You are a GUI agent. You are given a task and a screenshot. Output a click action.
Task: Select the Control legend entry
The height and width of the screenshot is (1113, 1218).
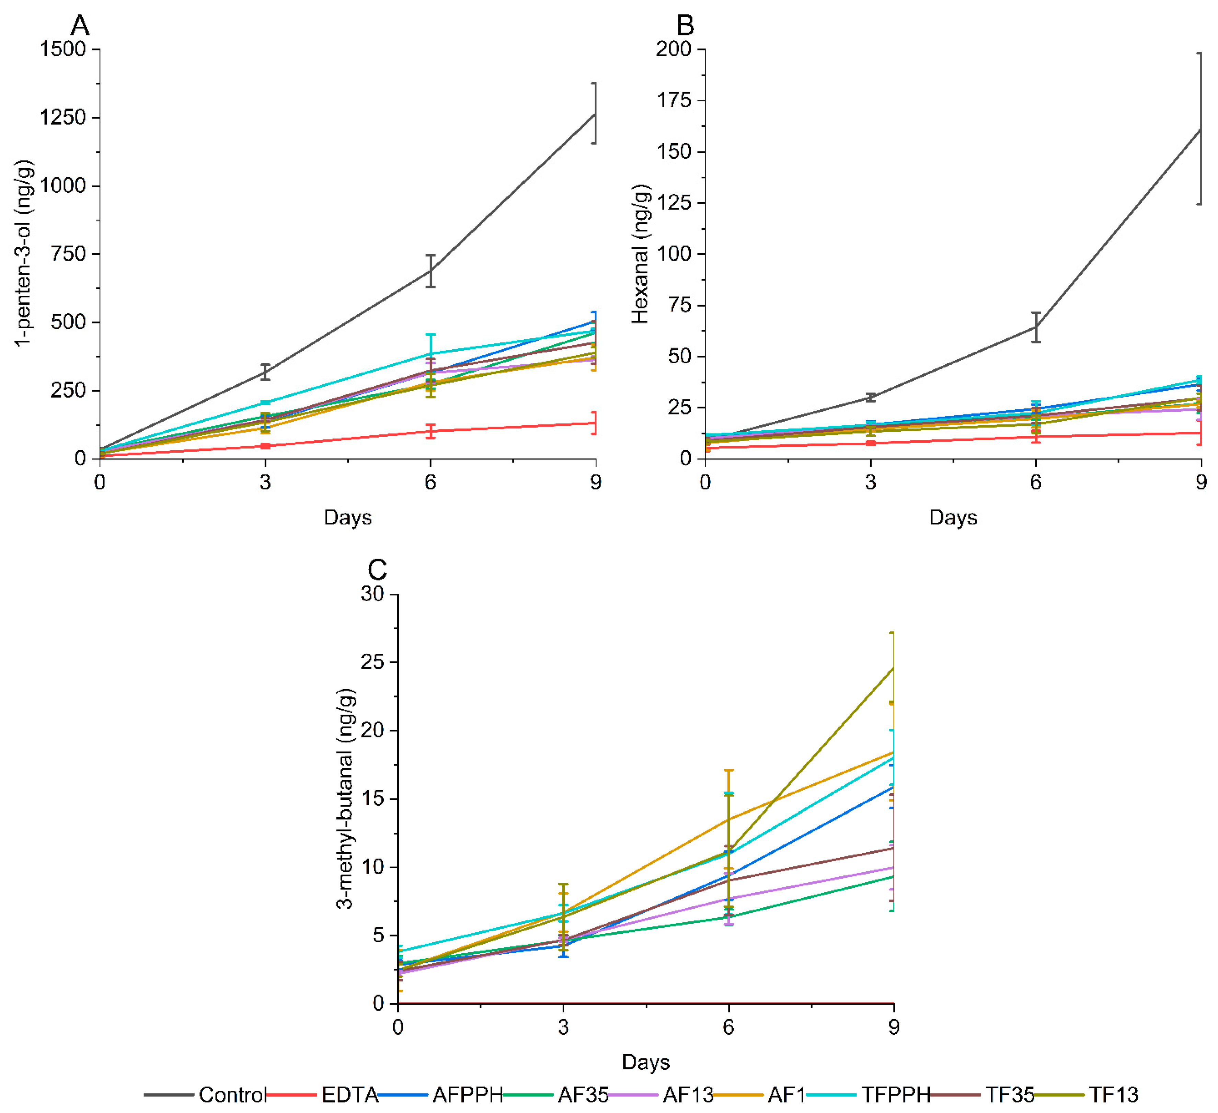pyautogui.click(x=232, y=1095)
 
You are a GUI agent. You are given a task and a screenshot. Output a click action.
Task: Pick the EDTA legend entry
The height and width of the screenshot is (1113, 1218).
pyautogui.click(x=349, y=1095)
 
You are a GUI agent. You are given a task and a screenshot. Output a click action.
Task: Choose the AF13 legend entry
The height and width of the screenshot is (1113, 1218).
pyautogui.click(x=688, y=1095)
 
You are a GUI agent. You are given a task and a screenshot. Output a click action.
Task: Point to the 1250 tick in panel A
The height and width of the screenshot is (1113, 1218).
pyautogui.click(x=63, y=117)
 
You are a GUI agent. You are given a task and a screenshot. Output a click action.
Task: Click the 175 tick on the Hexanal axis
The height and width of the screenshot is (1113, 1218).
pyautogui.click(x=674, y=100)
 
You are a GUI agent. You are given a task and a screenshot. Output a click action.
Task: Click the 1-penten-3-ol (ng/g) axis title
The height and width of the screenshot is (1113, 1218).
pyautogui.click(x=24, y=254)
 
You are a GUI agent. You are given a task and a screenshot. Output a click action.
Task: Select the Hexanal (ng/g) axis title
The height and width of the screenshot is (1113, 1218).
pyautogui.click(x=641, y=254)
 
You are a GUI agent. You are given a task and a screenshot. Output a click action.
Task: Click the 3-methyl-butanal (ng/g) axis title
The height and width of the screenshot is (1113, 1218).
pyautogui.click(x=346, y=799)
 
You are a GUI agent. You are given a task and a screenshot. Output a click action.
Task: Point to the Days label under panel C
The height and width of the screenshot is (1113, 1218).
pyautogui.click(x=645, y=1062)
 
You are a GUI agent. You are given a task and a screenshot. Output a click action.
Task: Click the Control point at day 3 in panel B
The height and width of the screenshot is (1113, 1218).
pyautogui.click(x=870, y=397)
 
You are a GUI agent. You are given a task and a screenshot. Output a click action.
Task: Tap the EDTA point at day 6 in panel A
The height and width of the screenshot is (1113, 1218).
pyautogui.click(x=430, y=431)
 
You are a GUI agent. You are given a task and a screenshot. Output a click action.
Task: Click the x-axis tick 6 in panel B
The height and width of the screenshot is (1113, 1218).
pyautogui.click(x=1036, y=482)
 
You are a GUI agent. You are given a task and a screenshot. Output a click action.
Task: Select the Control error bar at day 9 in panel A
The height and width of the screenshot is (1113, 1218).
pyautogui.click(x=595, y=114)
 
